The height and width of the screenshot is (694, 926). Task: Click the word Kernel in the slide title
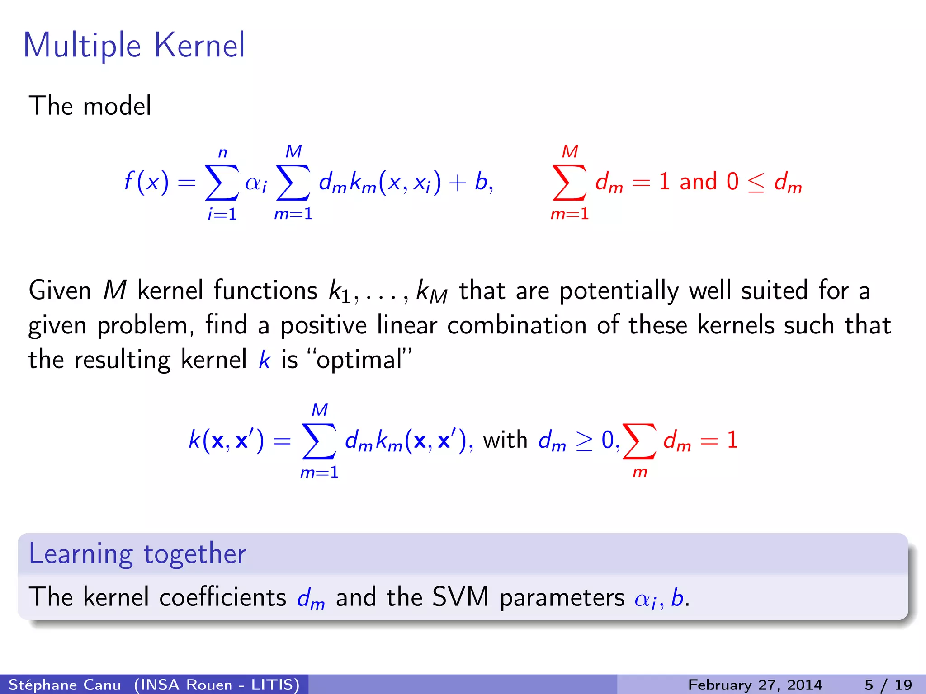[x=199, y=45]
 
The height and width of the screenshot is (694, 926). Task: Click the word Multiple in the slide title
[x=82, y=46]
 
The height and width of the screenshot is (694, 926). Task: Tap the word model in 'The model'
[x=117, y=106]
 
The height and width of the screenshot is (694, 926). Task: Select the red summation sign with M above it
[x=569, y=183]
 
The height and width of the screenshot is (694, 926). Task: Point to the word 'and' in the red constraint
[x=698, y=182]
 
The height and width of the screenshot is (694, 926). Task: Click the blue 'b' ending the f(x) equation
[x=481, y=182]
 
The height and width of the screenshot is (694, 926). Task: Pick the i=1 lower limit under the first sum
[x=222, y=214]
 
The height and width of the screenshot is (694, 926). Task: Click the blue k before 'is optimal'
[x=264, y=360]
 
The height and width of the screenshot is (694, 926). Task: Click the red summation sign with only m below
[x=639, y=441]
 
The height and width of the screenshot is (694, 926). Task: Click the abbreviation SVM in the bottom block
[x=460, y=597]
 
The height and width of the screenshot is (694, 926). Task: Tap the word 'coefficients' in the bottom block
[x=222, y=597]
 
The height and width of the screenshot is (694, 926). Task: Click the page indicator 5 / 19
[x=888, y=685]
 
